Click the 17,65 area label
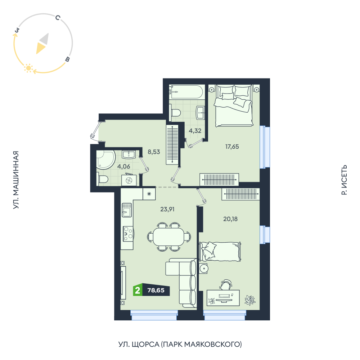pos(232,147)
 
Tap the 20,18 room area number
pos(230,219)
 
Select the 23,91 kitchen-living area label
pos(167,209)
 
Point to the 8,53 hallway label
pos(154,152)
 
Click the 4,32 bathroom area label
pos(195,131)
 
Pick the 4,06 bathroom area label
pos(123,166)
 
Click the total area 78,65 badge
pos(156,290)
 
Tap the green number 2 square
pos(138,290)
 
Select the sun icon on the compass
pos(28,68)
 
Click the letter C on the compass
pos(58,18)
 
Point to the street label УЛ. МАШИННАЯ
pos(15,180)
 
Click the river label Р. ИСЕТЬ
pos(344,180)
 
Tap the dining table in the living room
pos(168,237)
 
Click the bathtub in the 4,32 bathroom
pos(186,92)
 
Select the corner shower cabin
pos(105,159)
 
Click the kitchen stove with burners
pos(128,234)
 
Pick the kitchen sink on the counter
pos(127,210)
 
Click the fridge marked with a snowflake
pos(149,194)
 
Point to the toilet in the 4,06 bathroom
pos(103,179)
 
